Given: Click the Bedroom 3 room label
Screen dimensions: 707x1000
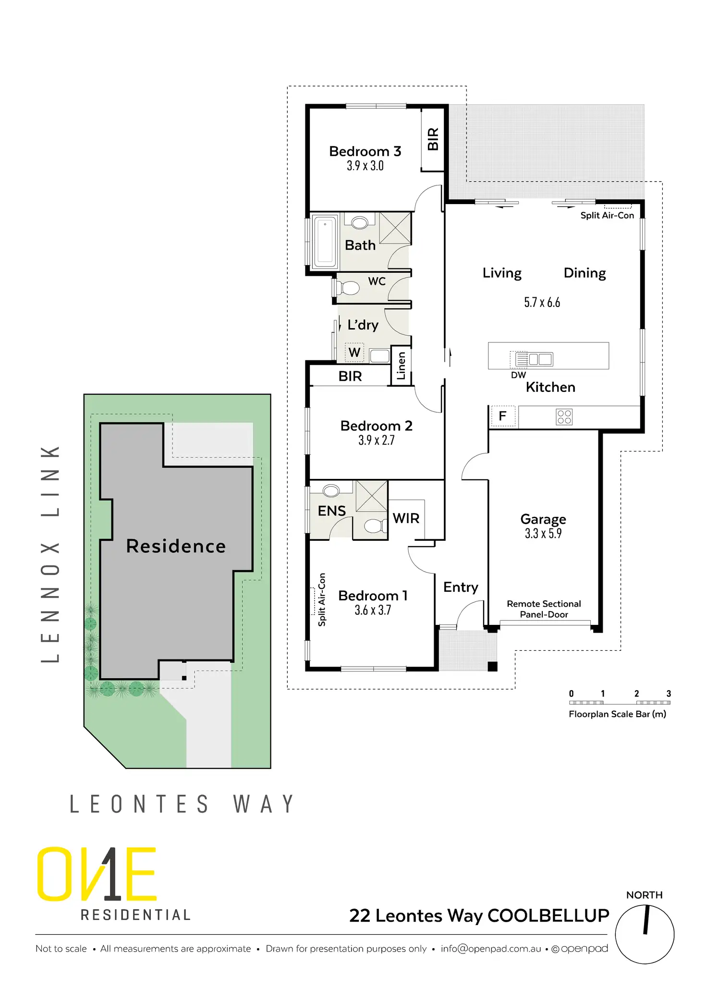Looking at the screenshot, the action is [365, 151].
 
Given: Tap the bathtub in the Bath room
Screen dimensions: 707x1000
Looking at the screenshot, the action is [325, 241].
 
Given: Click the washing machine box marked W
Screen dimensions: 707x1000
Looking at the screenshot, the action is [354, 353].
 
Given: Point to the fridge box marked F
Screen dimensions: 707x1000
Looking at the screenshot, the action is [502, 416].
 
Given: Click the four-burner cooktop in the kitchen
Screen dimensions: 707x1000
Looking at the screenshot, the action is [564, 417].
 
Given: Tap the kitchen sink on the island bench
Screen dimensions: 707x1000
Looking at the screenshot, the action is [540, 359].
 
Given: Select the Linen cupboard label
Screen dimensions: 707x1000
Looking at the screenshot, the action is [402, 366].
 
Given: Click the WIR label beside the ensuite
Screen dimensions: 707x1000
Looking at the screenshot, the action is [406, 518].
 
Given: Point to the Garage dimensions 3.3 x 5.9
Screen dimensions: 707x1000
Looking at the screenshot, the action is [543, 534].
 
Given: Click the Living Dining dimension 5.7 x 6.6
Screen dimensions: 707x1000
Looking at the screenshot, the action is [542, 303].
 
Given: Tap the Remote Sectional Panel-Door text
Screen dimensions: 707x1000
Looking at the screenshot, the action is [544, 609].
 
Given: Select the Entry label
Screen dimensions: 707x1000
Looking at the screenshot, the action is [461, 587].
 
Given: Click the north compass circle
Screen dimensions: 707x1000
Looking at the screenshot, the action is [645, 934].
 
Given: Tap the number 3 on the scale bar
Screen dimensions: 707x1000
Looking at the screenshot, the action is [668, 694].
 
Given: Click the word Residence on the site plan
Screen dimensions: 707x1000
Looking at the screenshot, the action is [176, 546].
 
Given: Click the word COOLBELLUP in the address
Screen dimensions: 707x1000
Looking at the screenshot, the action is [548, 916].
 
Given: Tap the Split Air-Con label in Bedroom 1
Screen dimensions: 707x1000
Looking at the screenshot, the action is [322, 599].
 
